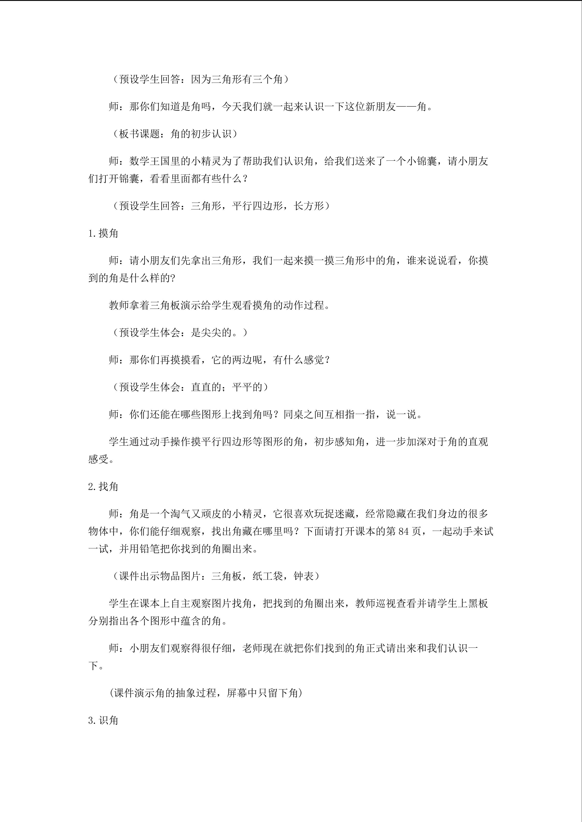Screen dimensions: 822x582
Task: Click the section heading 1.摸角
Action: coord(103,233)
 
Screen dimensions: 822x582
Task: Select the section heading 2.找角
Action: coord(103,487)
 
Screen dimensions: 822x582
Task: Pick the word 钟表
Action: coord(303,576)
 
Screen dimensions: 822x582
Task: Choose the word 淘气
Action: coord(180,514)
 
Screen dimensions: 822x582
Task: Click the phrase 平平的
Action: coord(247,387)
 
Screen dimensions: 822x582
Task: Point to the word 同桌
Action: coord(293,415)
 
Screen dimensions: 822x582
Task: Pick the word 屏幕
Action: coord(237,693)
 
